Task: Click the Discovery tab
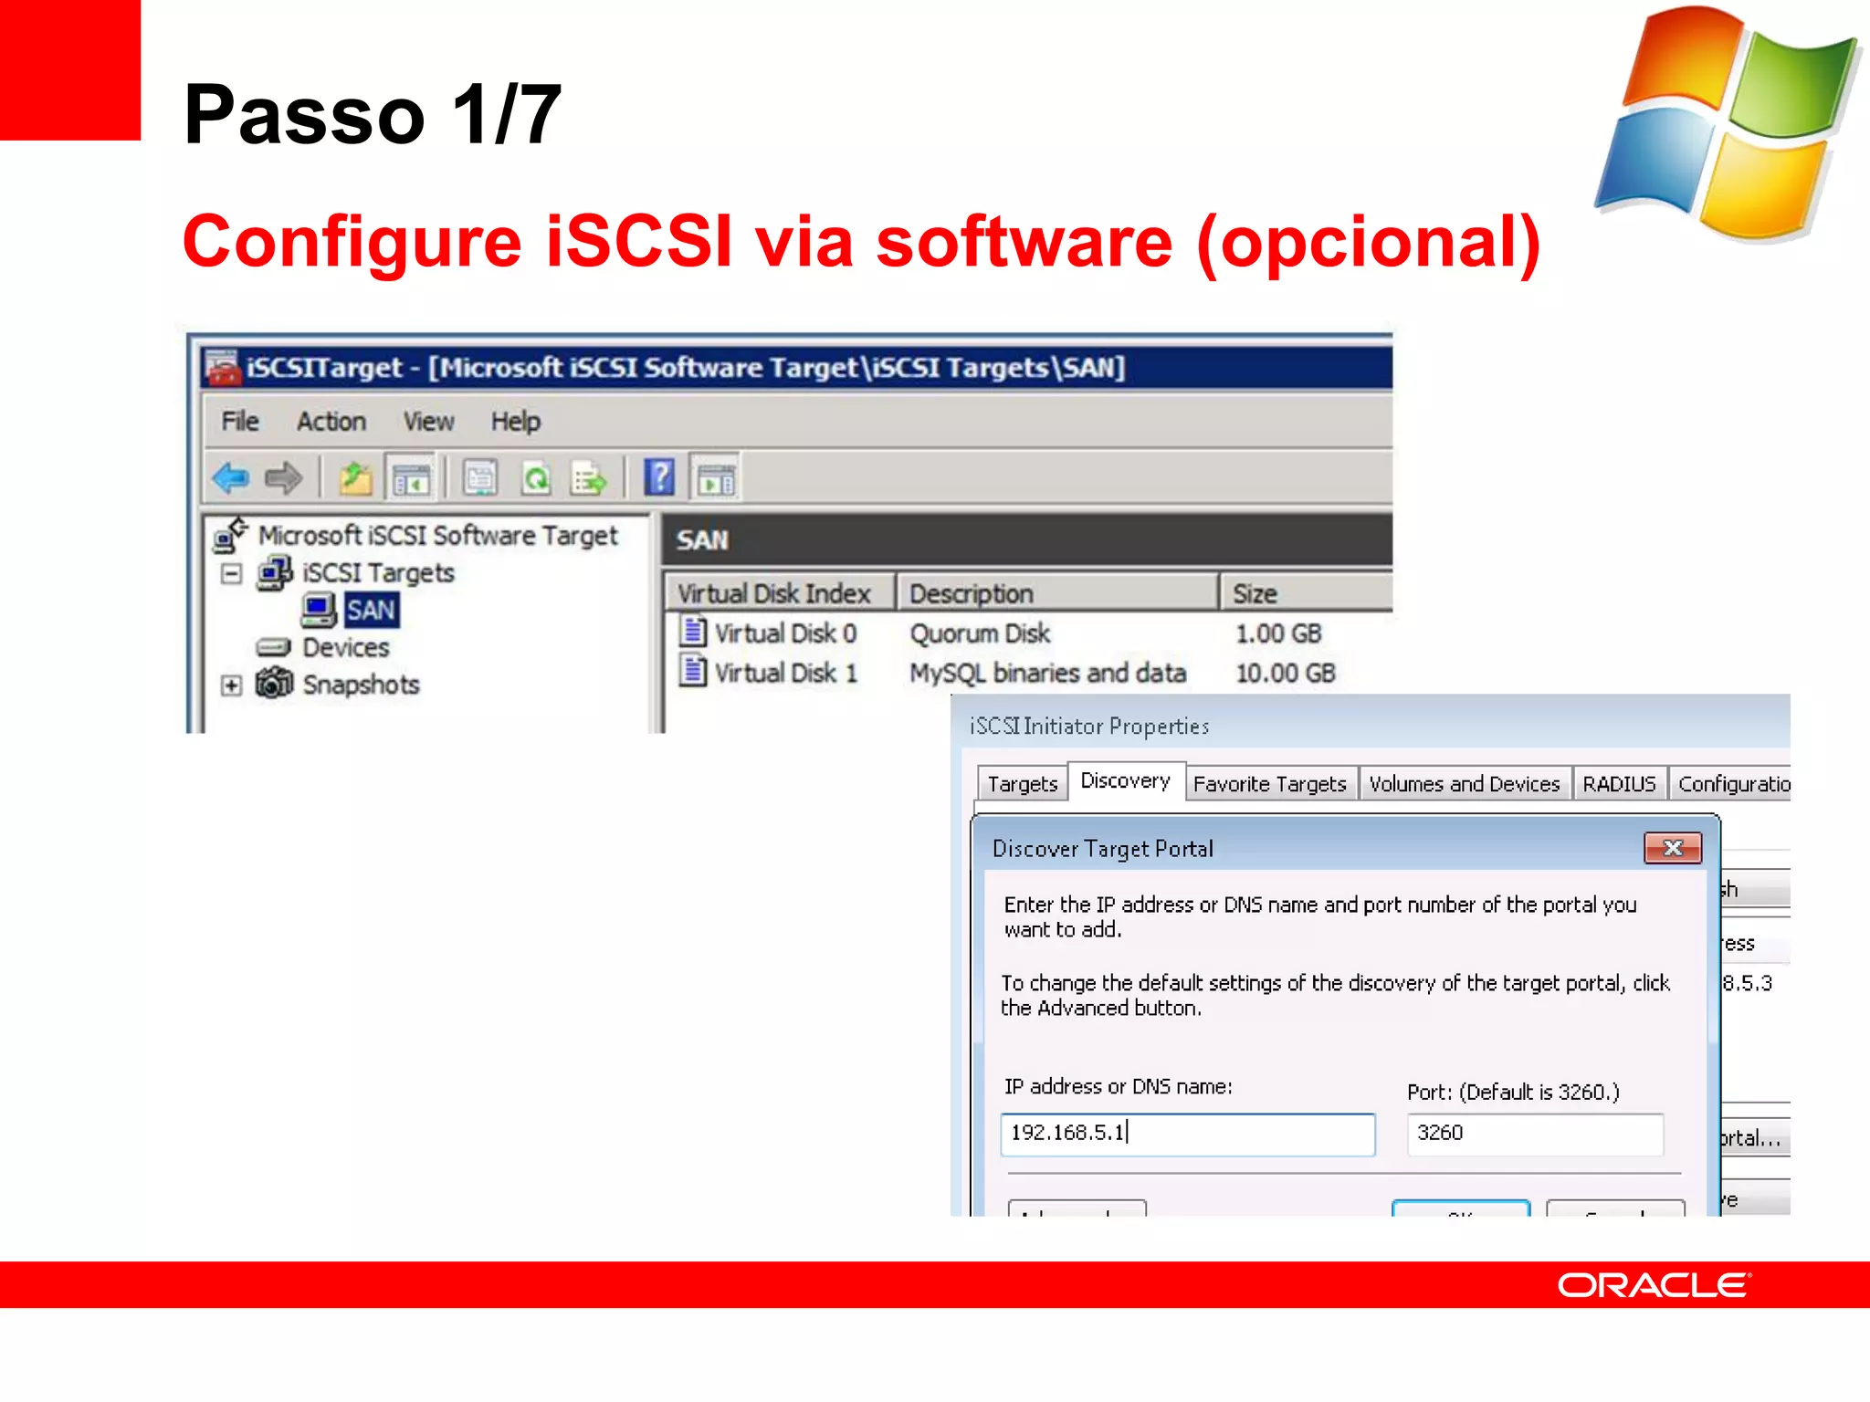pyautogui.click(x=1125, y=781)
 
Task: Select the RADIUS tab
pyautogui.click(x=1619, y=784)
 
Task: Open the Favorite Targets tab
pyautogui.click(x=1269, y=784)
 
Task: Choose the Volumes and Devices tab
pyautogui.click(x=1464, y=784)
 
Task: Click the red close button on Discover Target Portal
pyautogui.click(x=1672, y=848)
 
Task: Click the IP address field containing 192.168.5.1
pyautogui.click(x=1187, y=1133)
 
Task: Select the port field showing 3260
pyautogui.click(x=1534, y=1133)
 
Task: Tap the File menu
pyautogui.click(x=240, y=422)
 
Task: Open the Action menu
pyautogui.click(x=331, y=422)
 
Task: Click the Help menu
pyautogui.click(x=515, y=422)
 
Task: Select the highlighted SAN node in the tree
pyautogui.click(x=371, y=610)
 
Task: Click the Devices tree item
pyautogui.click(x=345, y=647)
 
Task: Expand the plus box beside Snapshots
pyautogui.click(x=232, y=685)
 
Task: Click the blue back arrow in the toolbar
pyautogui.click(x=230, y=477)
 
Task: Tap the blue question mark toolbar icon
pyautogui.click(x=659, y=477)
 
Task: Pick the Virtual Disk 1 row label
pyautogui.click(x=785, y=673)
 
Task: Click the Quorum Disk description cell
pyautogui.click(x=980, y=633)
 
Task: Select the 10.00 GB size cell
pyautogui.click(x=1285, y=673)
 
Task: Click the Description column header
pyautogui.click(x=971, y=594)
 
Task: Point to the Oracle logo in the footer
pyautogui.click(x=1654, y=1285)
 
